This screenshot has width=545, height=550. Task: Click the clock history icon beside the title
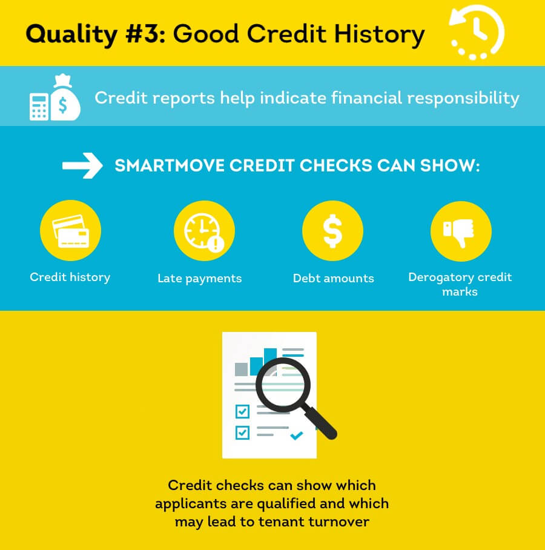[x=476, y=33]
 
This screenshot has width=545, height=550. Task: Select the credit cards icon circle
[x=70, y=231]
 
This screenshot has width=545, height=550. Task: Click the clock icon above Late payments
[x=203, y=231]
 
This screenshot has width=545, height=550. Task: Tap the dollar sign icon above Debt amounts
[x=332, y=231]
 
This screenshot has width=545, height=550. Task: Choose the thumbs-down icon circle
[x=461, y=231]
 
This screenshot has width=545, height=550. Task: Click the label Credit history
[x=70, y=277]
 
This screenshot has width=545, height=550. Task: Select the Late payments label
[x=200, y=279]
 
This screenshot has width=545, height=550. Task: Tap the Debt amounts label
[x=334, y=279]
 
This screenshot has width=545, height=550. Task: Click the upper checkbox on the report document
[x=242, y=412]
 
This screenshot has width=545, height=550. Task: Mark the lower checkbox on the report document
[x=242, y=433]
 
